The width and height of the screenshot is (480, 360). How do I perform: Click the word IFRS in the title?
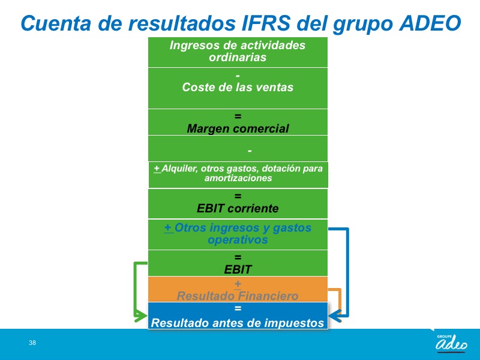point(266,23)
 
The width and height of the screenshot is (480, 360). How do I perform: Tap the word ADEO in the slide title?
point(430,23)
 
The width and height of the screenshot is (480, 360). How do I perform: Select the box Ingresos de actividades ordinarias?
point(238,52)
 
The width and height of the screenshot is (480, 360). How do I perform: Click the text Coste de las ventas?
point(238,87)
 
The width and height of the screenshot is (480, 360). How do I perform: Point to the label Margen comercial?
point(238,128)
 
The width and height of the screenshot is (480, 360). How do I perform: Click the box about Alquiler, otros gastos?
point(238,175)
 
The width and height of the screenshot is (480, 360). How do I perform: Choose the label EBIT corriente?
point(238,208)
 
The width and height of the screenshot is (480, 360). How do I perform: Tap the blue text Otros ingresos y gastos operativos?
point(238,233)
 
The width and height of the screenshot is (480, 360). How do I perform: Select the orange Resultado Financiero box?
point(238,289)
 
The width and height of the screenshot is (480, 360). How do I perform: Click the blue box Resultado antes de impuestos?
point(238,316)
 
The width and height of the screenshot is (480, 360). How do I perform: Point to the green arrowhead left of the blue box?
point(141,316)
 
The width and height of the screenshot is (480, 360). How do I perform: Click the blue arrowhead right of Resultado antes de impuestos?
point(335,316)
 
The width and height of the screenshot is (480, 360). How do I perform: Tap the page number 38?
point(32,343)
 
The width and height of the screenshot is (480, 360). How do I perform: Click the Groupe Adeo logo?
point(451,343)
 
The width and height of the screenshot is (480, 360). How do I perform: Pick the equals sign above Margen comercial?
point(238,116)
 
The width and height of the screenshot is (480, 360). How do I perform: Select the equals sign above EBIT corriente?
point(238,196)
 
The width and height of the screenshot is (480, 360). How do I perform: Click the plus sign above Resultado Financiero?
point(238,284)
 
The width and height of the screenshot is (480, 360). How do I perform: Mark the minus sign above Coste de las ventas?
point(238,76)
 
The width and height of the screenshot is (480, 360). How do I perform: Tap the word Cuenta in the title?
point(56,23)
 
